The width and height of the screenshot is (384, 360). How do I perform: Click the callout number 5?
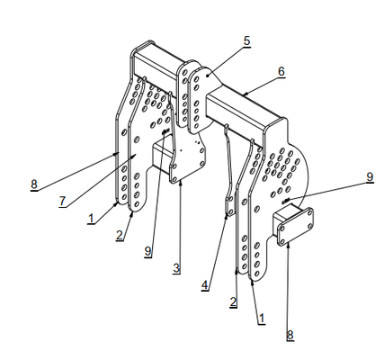coord(246,40)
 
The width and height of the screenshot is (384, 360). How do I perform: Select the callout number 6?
coord(281,72)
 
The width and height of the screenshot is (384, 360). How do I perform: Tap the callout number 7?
coord(62,201)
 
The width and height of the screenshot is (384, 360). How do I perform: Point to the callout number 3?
coord(176,268)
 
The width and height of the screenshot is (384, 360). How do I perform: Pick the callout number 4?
coord(205,285)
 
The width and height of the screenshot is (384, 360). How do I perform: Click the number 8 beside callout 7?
coord(34,184)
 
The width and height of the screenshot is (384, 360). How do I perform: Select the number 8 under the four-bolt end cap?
coord(290,335)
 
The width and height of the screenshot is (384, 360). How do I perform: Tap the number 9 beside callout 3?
coord(148,251)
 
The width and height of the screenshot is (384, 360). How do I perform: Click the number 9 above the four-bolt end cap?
coord(370,177)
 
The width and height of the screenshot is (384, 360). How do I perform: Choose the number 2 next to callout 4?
coord(234,301)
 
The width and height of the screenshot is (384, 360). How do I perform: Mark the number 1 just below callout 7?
coord(91,219)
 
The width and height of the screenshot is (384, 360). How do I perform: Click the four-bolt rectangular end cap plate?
coord(296,227)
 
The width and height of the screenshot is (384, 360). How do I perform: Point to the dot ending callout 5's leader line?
coord(207,76)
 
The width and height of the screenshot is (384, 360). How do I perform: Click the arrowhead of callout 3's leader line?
coord(180,184)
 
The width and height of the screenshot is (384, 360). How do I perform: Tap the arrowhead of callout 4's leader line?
coord(227,215)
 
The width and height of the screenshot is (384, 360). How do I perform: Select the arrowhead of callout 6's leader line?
coord(245,94)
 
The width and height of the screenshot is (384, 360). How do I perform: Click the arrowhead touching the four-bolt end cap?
coord(288,246)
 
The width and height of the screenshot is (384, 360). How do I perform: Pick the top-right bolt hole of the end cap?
coord(309,212)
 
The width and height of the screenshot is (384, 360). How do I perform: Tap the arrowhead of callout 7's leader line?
coord(135,155)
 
